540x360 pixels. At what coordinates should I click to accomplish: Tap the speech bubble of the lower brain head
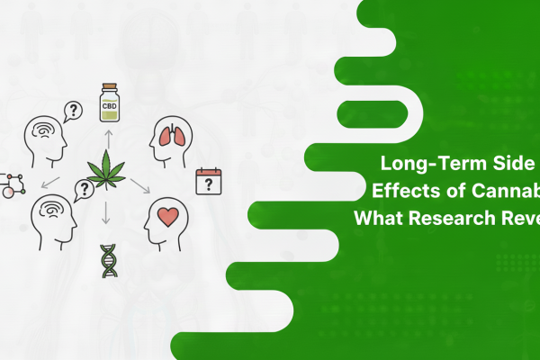pyautogui.click(x=86, y=189)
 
